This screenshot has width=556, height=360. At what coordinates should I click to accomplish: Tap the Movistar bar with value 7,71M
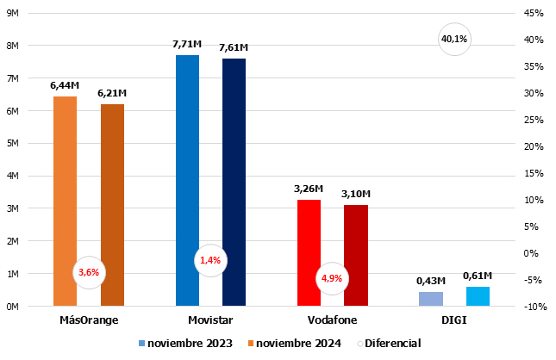[187, 155]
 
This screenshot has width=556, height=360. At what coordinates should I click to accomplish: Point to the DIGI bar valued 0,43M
[431, 299]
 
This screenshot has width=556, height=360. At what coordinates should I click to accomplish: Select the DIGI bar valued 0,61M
[478, 296]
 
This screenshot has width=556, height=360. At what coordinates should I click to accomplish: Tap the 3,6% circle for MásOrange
[89, 272]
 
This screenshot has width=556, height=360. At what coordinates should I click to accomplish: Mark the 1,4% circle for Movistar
[210, 260]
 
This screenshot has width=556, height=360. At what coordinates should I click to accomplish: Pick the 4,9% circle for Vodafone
[332, 278]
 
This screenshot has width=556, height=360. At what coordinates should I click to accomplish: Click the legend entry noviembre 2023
[185, 343]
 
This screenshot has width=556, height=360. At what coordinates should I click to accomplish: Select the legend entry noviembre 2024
[294, 343]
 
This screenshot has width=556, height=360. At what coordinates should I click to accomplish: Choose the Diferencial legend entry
[387, 343]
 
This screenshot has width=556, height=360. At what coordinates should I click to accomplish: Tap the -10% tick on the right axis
[533, 307]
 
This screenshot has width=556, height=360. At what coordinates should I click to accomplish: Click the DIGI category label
[454, 320]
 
